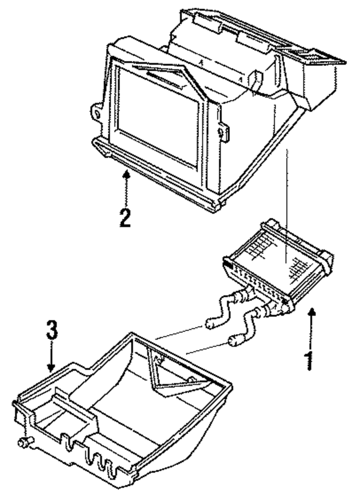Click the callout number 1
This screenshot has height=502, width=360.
309,360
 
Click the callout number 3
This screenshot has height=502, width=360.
52,330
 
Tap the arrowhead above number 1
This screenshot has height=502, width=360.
312,312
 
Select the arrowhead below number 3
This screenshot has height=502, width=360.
51,368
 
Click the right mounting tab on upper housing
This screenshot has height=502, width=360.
223,132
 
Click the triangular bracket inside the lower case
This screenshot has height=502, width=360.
169,375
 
